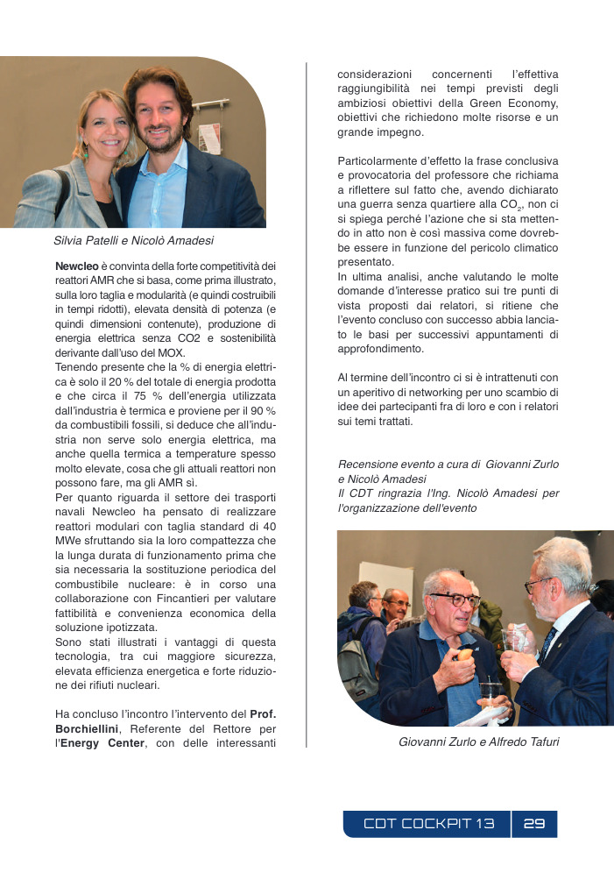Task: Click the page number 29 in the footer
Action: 534,824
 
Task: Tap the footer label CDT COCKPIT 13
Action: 429,824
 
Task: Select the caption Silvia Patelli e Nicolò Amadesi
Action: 133,240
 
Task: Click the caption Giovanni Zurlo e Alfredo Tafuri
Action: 478,742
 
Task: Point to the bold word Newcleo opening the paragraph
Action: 76,266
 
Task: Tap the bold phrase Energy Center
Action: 96,744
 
